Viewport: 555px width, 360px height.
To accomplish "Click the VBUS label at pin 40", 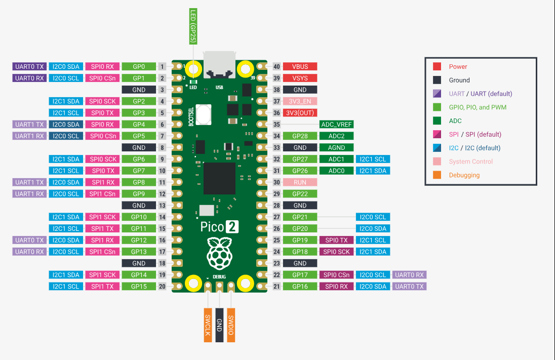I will click(x=300, y=66).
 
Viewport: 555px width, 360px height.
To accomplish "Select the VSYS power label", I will click(x=300, y=78).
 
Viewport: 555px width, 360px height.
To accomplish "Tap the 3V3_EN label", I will click(x=300, y=101).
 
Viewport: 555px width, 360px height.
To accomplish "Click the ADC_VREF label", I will click(x=336, y=125).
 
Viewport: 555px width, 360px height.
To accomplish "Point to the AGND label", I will click(x=336, y=148).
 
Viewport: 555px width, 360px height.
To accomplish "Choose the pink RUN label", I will click(x=300, y=182).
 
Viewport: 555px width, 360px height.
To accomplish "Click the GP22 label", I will click(x=300, y=194).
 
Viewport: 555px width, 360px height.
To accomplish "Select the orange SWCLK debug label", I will click(x=208, y=325).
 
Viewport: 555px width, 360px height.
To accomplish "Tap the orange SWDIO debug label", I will click(x=231, y=325).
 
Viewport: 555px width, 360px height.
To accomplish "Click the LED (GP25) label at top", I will click(x=192, y=25).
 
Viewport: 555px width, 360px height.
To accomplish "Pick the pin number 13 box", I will click(x=162, y=206).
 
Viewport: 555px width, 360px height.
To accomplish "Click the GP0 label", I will click(x=139, y=66).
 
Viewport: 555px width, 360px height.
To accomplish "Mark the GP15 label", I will click(x=139, y=287).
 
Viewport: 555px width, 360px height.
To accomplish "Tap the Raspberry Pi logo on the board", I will click(x=219, y=253).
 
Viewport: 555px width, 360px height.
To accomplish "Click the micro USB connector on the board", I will click(x=219, y=64).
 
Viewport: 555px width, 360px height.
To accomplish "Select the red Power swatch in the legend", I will click(x=437, y=66).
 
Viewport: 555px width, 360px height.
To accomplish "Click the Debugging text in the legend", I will click(x=464, y=175).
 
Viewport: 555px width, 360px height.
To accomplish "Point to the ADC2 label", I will click(x=336, y=136).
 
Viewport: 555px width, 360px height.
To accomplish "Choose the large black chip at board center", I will click(x=219, y=178).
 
